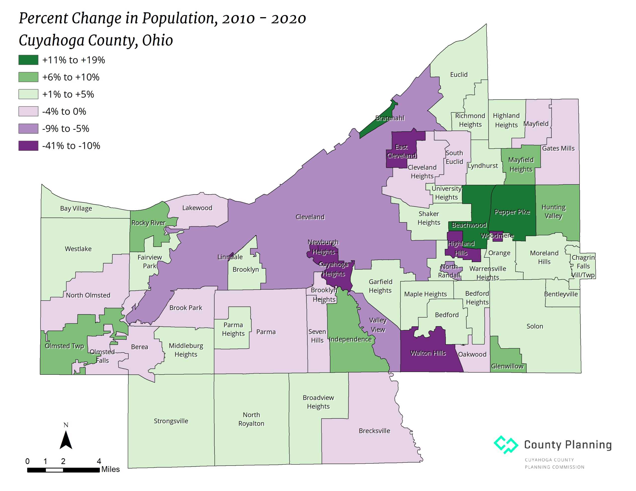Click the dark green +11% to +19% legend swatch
28,60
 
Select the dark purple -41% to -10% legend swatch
28,146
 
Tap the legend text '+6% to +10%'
71,77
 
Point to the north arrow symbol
66,439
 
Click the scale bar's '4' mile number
99,461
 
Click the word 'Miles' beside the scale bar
110,469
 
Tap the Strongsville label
171,421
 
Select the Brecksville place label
374,431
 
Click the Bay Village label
76,209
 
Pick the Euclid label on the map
459,74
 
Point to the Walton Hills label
428,353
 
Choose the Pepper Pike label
512,212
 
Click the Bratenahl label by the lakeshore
390,118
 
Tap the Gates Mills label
558,148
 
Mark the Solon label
535,326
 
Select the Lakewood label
197,208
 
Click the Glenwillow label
507,366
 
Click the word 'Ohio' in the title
157,40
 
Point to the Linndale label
230,257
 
